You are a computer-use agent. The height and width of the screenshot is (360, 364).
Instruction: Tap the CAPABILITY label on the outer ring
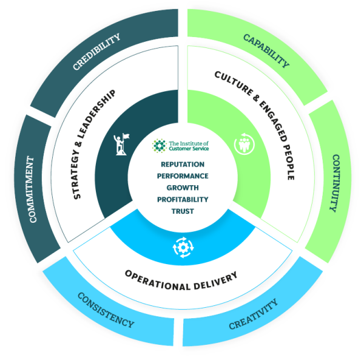click(266, 50)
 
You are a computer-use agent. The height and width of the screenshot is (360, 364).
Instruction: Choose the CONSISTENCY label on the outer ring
click(106, 310)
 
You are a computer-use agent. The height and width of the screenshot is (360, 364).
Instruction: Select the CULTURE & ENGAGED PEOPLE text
click(257, 124)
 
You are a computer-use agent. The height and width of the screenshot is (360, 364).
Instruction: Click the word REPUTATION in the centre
click(182, 165)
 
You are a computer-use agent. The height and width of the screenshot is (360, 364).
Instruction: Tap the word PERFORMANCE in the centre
click(182, 176)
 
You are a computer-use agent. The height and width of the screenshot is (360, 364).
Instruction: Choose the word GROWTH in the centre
click(182, 188)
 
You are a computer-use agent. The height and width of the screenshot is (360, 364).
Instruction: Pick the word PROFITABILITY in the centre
click(182, 199)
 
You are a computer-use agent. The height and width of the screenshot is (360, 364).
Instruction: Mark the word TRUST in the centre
click(182, 211)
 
